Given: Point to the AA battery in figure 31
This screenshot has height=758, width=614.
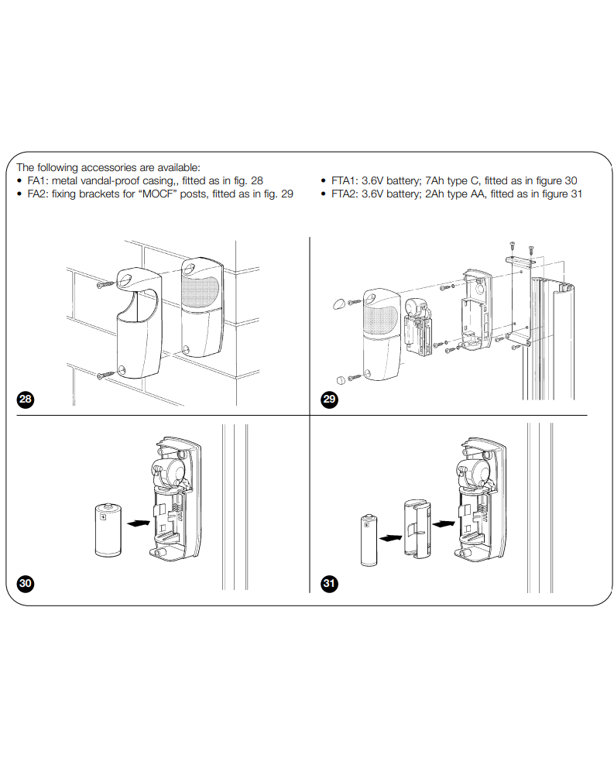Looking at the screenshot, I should click(x=368, y=542).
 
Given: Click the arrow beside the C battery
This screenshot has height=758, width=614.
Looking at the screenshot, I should click(x=136, y=524).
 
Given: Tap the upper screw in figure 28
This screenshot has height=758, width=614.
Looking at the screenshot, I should click(x=104, y=285).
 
